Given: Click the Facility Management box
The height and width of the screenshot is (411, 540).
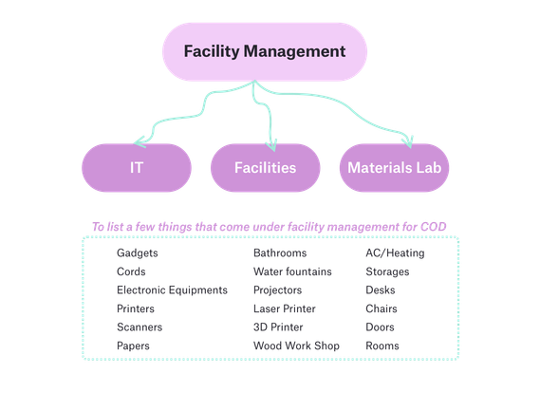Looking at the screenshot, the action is point(265,51).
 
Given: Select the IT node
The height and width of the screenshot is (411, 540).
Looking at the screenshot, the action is point(137,168).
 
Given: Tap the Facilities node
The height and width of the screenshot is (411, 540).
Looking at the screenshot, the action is point(265,168).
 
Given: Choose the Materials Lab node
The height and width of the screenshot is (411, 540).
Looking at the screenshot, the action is point(395,168).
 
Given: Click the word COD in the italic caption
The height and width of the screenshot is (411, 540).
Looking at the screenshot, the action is point(434,227).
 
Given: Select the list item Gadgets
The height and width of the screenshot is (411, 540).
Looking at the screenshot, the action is point(137,253).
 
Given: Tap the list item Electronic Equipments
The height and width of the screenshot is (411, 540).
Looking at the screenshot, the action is point(172,290).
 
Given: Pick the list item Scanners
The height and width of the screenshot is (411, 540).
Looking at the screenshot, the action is point(140,327).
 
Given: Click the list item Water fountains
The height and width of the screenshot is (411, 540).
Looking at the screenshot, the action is point(292,271).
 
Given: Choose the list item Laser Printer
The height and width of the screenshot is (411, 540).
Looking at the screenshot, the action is point(284,308).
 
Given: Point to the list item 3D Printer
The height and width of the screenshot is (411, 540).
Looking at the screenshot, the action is point(278,327).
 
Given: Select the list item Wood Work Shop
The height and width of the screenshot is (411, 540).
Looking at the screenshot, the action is point(296,346).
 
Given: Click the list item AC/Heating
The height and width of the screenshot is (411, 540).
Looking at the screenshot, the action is point(395,253).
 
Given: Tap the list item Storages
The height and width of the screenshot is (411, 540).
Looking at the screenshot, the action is point(387,271).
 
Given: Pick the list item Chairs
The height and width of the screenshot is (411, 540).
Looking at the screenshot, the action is point(382,308).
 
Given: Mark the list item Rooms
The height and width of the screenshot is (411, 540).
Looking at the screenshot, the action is point(382,346).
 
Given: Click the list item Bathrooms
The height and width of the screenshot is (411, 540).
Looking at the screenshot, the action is point(280,253).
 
